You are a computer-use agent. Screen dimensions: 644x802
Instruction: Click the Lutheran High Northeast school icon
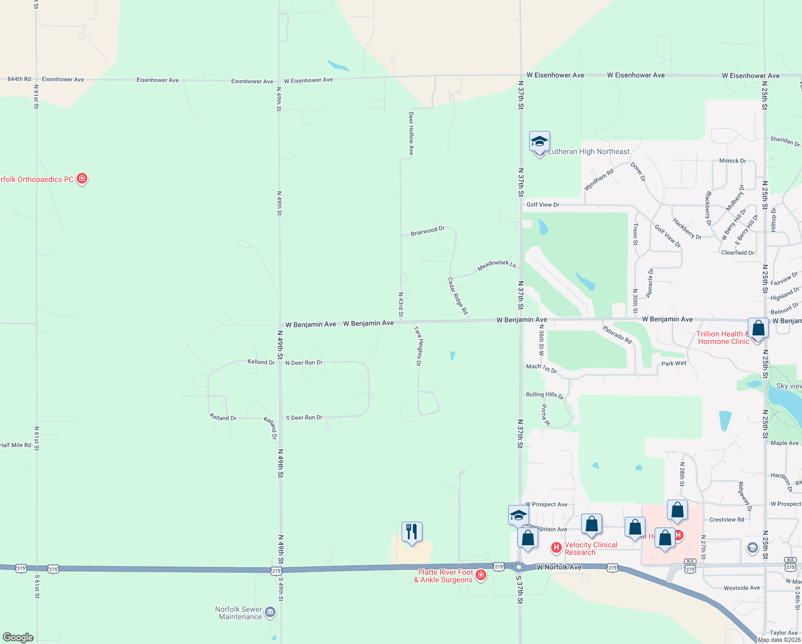pos(539,142)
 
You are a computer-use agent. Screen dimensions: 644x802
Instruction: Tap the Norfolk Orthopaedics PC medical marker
pos(82,178)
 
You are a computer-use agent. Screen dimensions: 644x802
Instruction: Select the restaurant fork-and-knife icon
pos(412,532)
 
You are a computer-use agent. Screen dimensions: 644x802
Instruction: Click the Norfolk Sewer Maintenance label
pos(239,613)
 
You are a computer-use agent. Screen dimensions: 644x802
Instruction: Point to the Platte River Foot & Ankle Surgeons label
pos(443,576)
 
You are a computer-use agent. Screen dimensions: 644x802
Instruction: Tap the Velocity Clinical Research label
pos(591,548)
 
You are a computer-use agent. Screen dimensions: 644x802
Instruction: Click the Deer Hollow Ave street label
pos(411,134)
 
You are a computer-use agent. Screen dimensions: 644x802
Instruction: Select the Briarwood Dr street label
pos(427,231)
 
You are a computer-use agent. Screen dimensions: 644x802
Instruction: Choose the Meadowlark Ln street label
pos(496,265)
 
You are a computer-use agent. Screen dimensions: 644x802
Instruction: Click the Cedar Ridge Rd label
pos(458,296)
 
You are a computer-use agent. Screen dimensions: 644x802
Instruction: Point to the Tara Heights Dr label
pos(418,346)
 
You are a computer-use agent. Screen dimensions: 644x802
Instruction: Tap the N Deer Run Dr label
pos(304,363)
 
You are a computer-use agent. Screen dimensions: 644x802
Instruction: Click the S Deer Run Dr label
pos(304,418)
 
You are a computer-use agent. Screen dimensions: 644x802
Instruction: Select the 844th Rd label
pos(19,79)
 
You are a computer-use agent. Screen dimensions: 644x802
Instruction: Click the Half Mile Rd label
pos(16,445)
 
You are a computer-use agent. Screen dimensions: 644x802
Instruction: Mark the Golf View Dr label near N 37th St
pos(543,204)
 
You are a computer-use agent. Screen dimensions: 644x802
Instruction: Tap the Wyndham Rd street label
pos(598,180)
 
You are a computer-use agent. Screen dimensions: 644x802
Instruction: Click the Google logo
pos(18,638)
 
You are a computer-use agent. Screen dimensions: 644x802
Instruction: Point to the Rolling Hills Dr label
pos(545,395)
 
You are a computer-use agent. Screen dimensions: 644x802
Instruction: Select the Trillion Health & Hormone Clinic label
pos(723,338)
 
